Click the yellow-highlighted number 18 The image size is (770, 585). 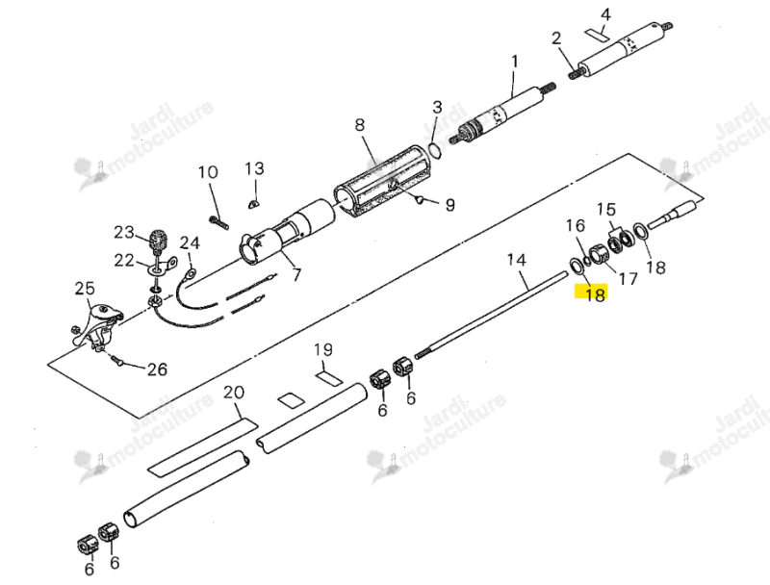click(x=594, y=293)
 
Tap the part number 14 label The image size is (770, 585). click(x=516, y=260)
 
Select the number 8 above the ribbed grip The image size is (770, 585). click(x=360, y=125)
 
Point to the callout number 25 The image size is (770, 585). click(x=85, y=288)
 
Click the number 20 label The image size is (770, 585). click(x=234, y=393)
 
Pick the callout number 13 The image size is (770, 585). click(x=254, y=168)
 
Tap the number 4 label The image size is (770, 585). click(x=606, y=14)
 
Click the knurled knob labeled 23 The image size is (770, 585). click(x=159, y=241)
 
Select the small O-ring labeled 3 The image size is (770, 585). click(x=436, y=149)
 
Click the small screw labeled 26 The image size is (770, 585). click(x=116, y=361)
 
